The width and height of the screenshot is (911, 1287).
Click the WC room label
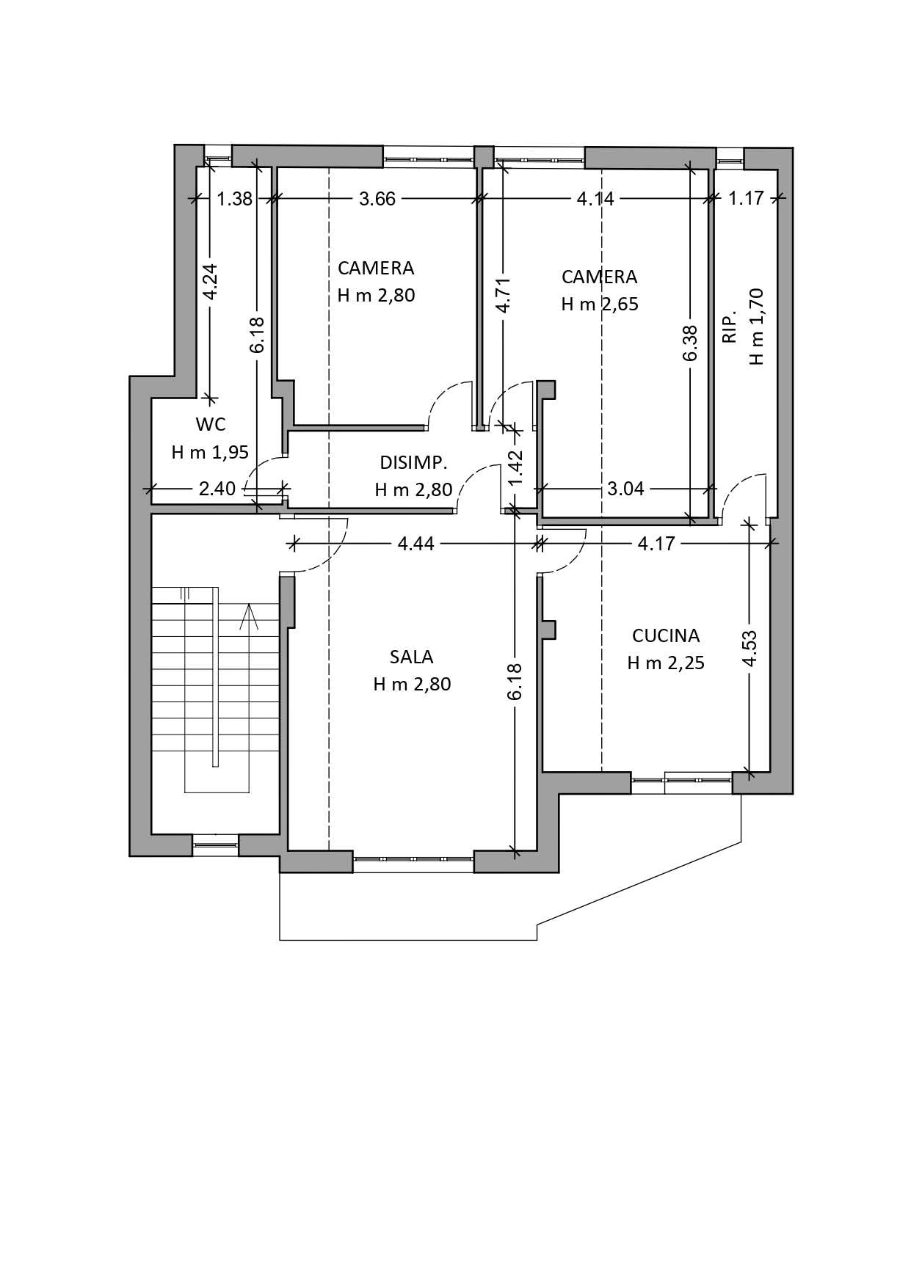[x=211, y=424]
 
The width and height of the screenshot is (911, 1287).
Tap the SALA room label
[x=411, y=657]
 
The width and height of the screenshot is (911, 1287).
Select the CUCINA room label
[x=666, y=635]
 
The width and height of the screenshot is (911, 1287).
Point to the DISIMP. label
[x=413, y=463]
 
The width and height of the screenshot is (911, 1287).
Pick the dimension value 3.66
[x=377, y=199]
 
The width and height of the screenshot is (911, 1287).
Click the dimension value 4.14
[x=595, y=199]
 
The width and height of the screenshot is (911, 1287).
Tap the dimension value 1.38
[x=235, y=199]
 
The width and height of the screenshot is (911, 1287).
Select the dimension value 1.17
[x=746, y=198]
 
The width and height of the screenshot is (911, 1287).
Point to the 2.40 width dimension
[x=217, y=489]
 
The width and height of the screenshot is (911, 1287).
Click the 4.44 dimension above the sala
[x=416, y=544]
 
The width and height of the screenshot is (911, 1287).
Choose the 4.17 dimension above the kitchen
[x=656, y=544]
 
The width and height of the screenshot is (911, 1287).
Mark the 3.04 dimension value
[x=625, y=489]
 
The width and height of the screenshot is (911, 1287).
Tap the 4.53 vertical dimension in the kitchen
[x=749, y=649]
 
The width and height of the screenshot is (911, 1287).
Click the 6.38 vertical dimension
[x=689, y=343]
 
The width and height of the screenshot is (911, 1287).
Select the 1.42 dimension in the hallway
[x=515, y=467]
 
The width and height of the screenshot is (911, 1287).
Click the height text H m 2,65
[x=600, y=304]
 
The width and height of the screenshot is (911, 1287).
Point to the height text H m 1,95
[x=210, y=452]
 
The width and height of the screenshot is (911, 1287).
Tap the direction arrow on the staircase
[x=249, y=616]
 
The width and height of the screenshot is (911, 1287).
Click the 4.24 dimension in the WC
[x=210, y=282]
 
